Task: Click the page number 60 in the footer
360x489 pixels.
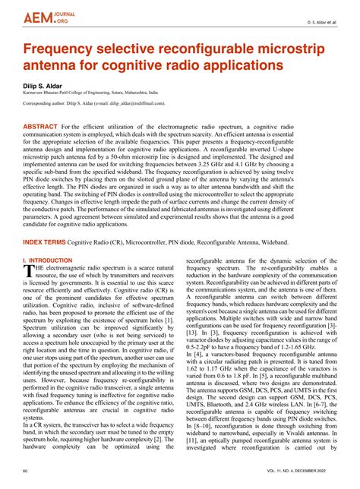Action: pyautogui.click(x=26, y=472)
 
